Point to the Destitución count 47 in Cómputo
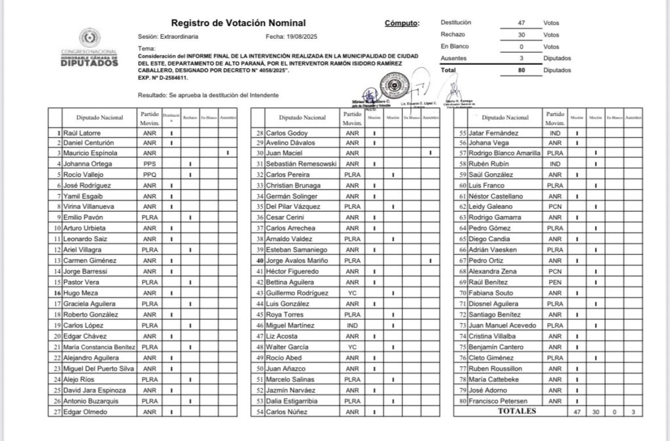[521, 22]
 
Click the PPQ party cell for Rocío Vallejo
[149, 175]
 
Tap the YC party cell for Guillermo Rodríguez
[352, 293]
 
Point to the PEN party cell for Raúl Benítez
[555, 282]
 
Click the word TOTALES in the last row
[516, 412]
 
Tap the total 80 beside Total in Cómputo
[521, 69]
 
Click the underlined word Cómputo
[401, 24]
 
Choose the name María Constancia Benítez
[98, 347]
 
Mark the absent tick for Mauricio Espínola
[228, 153]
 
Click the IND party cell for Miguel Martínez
[352, 325]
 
